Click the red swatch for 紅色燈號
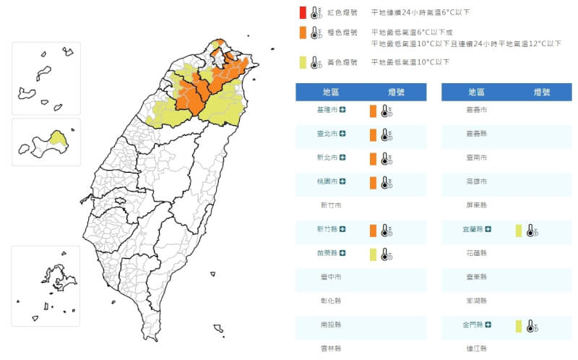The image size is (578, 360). click(303, 12)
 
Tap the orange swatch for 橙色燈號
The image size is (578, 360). click(303, 33)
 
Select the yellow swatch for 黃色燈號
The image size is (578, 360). click(303, 62)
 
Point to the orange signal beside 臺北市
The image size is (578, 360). click(373, 134)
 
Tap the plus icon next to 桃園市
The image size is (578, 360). click(342, 181)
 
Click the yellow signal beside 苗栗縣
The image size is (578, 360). click(373, 254)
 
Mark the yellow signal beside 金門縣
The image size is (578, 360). click(519, 326)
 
